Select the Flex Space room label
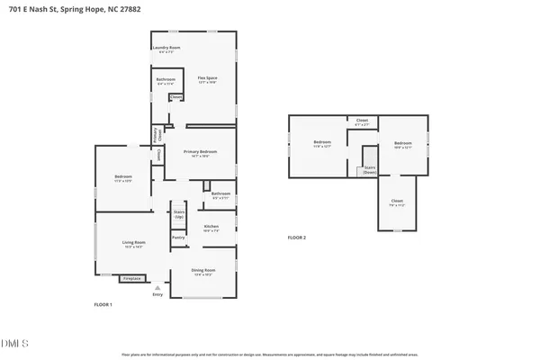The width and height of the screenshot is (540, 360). click(x=208, y=78)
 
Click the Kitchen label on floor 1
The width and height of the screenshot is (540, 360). click(x=211, y=226)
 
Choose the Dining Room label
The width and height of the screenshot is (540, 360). click(x=202, y=270)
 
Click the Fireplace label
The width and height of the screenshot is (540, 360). click(x=131, y=279)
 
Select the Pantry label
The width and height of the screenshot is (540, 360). click(x=178, y=238)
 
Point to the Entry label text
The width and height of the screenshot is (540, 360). click(x=158, y=294)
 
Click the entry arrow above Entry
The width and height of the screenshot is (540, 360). click(x=158, y=287)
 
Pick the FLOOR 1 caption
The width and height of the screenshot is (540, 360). click(x=103, y=305)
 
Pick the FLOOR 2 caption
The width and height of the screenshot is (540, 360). click(x=297, y=238)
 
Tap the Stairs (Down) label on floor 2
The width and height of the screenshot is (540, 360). click(x=369, y=169)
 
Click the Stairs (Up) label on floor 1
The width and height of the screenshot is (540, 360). click(x=179, y=215)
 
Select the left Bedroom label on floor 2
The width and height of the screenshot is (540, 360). click(x=322, y=142)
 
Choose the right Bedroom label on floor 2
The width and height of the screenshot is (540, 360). click(x=402, y=144)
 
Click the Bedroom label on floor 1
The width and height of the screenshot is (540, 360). click(x=123, y=176)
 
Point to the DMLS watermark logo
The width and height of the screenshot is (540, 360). click(x=15, y=343)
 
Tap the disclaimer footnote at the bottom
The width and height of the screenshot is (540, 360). click(x=269, y=355)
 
